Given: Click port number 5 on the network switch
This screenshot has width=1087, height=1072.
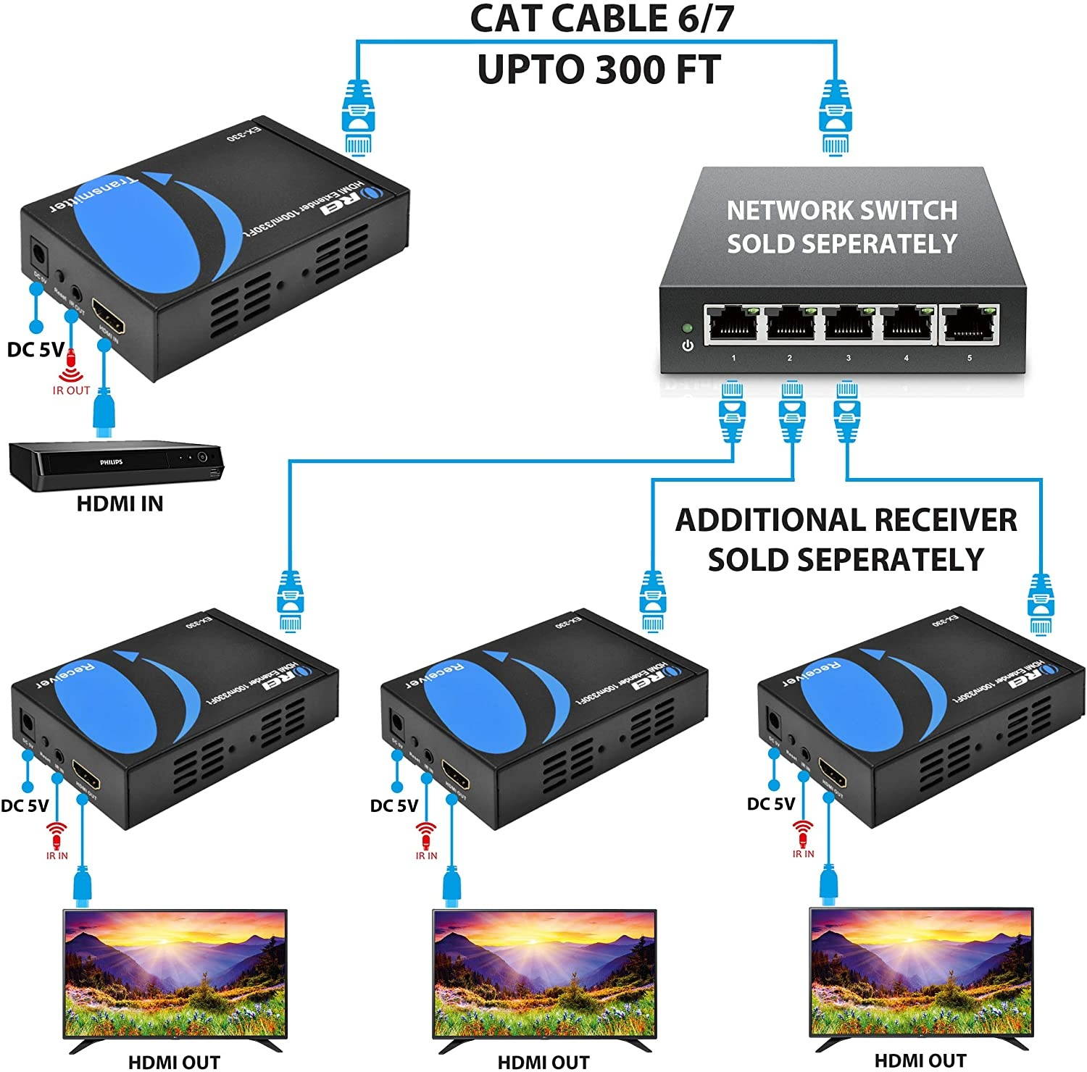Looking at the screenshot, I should (970, 325).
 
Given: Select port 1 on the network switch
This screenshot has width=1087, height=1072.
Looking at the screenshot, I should (733, 324).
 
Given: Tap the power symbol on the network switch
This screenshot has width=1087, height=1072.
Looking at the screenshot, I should (687, 346).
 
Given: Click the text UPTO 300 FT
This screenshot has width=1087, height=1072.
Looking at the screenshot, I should (599, 70).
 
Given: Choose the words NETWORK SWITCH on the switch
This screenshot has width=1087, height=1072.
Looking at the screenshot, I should (842, 210).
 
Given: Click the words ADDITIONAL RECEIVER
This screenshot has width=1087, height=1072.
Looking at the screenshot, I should (846, 521).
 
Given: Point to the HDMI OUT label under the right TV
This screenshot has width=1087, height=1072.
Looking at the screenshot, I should (920, 1061).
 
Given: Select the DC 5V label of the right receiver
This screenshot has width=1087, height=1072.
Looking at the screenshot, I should (770, 803).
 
